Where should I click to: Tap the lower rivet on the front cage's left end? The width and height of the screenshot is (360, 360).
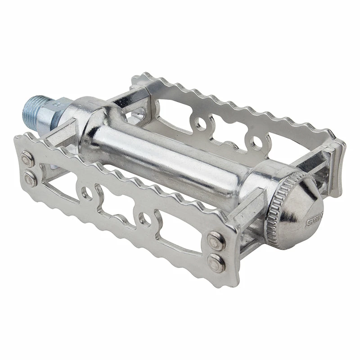(x=31, y=178)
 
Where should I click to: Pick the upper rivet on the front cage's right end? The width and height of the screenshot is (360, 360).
(x=215, y=241)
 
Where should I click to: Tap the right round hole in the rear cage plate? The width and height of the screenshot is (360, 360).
(x=256, y=144)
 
